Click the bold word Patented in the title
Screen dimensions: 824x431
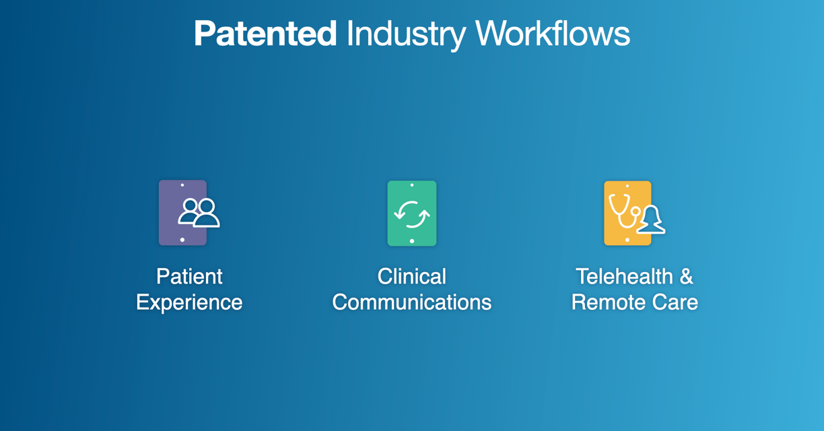265,34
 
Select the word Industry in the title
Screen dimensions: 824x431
406,35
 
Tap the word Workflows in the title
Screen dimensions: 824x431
553,33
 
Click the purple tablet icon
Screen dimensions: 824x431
182,213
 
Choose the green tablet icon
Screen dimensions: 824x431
412,213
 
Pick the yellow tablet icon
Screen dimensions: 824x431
627,213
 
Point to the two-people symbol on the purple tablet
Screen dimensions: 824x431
199,213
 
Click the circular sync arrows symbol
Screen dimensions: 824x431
412,214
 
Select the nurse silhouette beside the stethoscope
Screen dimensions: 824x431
651,220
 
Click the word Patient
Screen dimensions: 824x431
189,276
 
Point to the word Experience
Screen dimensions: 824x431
189,303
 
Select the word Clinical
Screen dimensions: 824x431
411,276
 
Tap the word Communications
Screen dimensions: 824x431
411,302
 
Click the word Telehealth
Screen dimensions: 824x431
624,276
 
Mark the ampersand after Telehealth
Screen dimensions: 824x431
687,276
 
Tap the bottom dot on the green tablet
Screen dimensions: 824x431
412,241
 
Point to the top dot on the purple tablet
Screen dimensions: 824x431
182,185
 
